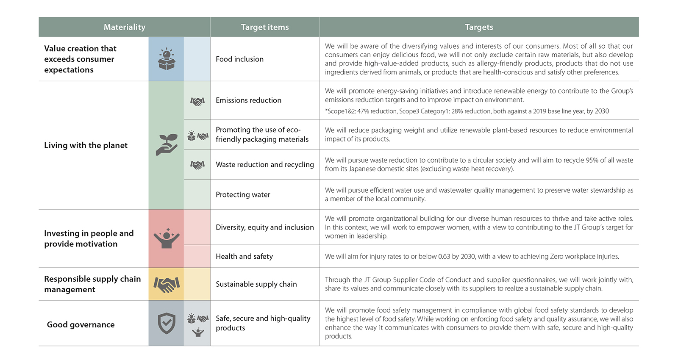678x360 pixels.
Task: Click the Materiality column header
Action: [x=124, y=27]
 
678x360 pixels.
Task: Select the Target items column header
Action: [x=265, y=27]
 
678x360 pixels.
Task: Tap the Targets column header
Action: [x=479, y=27]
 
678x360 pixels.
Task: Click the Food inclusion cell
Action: [x=239, y=59]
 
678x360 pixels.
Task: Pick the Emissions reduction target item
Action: [x=248, y=100]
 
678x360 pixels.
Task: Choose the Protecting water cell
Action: [x=243, y=195]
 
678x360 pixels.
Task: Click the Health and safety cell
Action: [x=244, y=257]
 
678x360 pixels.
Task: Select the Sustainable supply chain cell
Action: [x=256, y=284]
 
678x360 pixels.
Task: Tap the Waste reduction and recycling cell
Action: [x=265, y=165]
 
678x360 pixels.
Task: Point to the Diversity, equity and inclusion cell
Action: [x=265, y=227]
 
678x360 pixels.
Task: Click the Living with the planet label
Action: [x=86, y=145]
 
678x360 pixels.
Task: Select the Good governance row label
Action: [x=81, y=324]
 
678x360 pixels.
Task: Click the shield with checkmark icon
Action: [x=166, y=324]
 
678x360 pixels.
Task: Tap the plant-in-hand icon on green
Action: [x=166, y=145]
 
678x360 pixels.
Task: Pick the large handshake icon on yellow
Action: [x=166, y=284]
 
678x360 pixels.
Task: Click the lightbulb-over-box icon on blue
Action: [x=166, y=59]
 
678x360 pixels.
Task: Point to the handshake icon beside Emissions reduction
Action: [x=197, y=101]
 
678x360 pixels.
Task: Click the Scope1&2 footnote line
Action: [x=467, y=111]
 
